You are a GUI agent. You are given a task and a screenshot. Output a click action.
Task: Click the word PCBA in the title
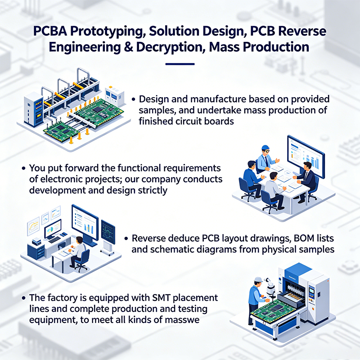50,31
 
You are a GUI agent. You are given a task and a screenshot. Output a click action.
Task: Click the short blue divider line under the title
180,64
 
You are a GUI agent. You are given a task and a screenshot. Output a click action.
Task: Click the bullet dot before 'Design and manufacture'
134,99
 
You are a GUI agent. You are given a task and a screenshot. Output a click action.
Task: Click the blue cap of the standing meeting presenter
265,148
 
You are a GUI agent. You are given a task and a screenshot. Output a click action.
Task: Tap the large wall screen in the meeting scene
306,156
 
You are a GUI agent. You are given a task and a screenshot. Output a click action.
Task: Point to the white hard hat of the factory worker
258,279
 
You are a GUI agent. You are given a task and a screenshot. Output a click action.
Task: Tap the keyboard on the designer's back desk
54,240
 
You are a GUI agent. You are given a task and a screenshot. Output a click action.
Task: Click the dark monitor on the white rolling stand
108,232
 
